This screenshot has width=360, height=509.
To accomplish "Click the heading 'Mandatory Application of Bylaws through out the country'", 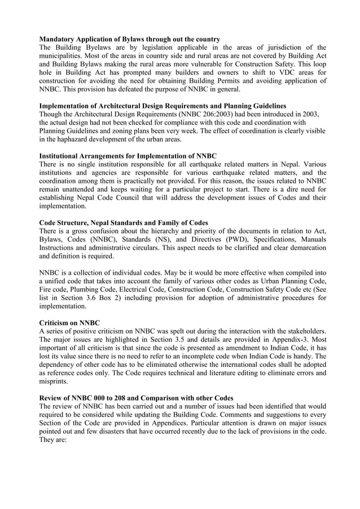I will tap(129, 39).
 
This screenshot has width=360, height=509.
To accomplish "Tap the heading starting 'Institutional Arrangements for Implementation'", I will tap(128, 155).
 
